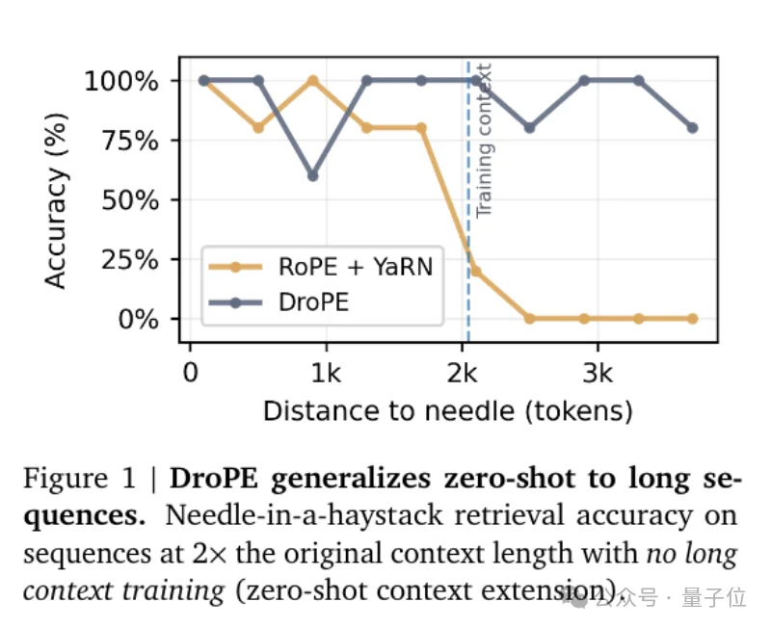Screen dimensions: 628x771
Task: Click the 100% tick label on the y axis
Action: coord(120,81)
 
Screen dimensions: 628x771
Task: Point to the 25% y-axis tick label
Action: coord(131,260)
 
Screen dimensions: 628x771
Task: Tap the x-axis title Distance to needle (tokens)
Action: coord(447,411)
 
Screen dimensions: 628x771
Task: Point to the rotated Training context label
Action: coord(485,140)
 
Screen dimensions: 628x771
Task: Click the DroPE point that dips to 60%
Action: coord(312,175)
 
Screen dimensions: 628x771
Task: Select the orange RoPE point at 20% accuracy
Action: coord(475,271)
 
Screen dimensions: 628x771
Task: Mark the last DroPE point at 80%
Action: coord(692,128)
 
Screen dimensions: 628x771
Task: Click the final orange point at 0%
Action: coord(692,318)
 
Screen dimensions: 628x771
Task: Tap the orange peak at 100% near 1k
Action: coord(312,81)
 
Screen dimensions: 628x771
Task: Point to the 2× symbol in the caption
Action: coord(209,554)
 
